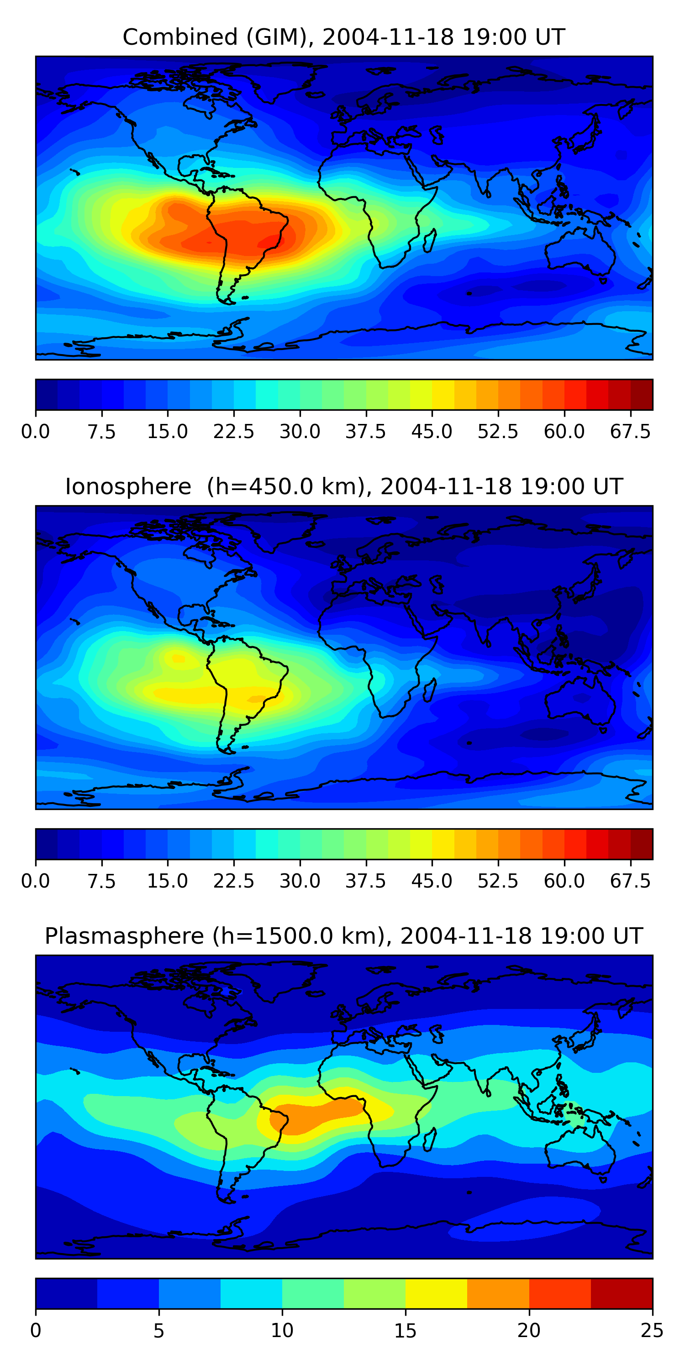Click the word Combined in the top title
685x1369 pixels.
(180, 37)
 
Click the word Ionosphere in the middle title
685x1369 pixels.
(128, 487)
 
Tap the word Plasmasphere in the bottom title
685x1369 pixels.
(125, 936)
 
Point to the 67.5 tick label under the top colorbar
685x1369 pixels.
(630, 432)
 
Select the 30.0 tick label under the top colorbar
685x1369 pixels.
(300, 432)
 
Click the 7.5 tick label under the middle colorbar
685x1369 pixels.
(101, 881)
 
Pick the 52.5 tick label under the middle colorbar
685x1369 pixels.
(498, 881)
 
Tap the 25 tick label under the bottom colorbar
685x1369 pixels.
(652, 1331)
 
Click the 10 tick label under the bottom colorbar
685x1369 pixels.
(282, 1331)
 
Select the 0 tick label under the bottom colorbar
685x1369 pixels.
(36, 1331)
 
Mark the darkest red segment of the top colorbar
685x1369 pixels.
(642, 394)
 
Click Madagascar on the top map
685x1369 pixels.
(430, 240)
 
